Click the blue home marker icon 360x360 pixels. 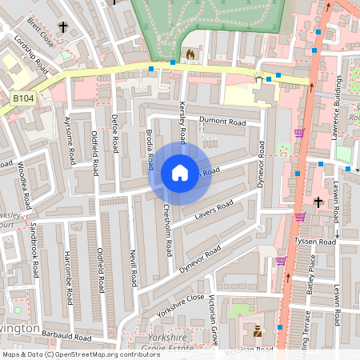(180, 173)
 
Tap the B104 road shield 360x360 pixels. (23, 97)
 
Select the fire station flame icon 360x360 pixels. (190, 54)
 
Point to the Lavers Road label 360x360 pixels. (214, 210)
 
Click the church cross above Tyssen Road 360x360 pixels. (318, 202)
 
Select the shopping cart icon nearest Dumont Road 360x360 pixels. (299, 133)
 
